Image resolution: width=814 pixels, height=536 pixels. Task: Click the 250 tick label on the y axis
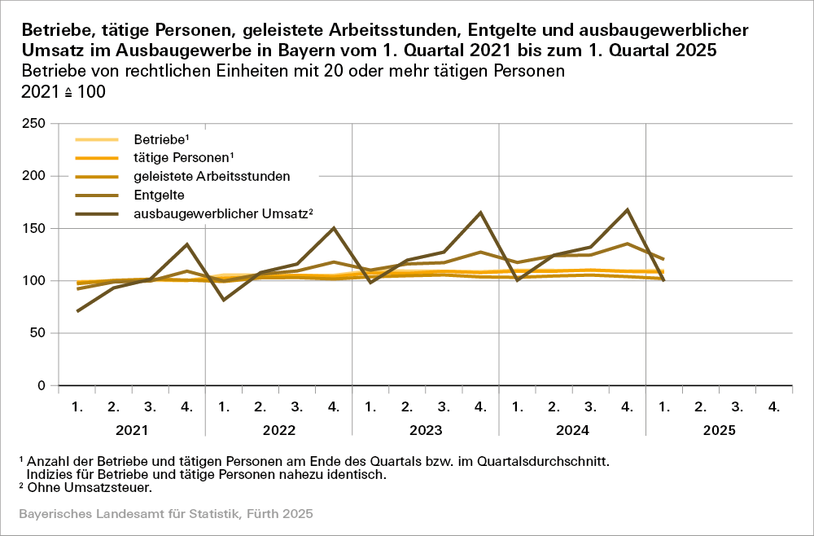[35, 124]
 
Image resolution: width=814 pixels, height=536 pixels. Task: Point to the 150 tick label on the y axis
[35, 228]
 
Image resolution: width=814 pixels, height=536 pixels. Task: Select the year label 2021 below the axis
[131, 429]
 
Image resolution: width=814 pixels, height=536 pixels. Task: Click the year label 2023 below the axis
[426, 429]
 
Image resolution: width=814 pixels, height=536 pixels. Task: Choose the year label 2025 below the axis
[719, 429]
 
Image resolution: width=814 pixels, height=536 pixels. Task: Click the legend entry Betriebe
[160, 140]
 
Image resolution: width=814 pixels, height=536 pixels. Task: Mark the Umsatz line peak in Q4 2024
[627, 210]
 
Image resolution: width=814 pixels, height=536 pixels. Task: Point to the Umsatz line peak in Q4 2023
[480, 213]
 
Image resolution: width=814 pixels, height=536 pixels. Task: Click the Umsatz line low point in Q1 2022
[224, 300]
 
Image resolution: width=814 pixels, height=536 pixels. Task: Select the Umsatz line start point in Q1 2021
[77, 311]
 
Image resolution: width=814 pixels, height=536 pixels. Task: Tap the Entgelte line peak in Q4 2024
[627, 244]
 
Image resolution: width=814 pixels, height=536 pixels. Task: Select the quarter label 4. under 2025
[773, 406]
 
